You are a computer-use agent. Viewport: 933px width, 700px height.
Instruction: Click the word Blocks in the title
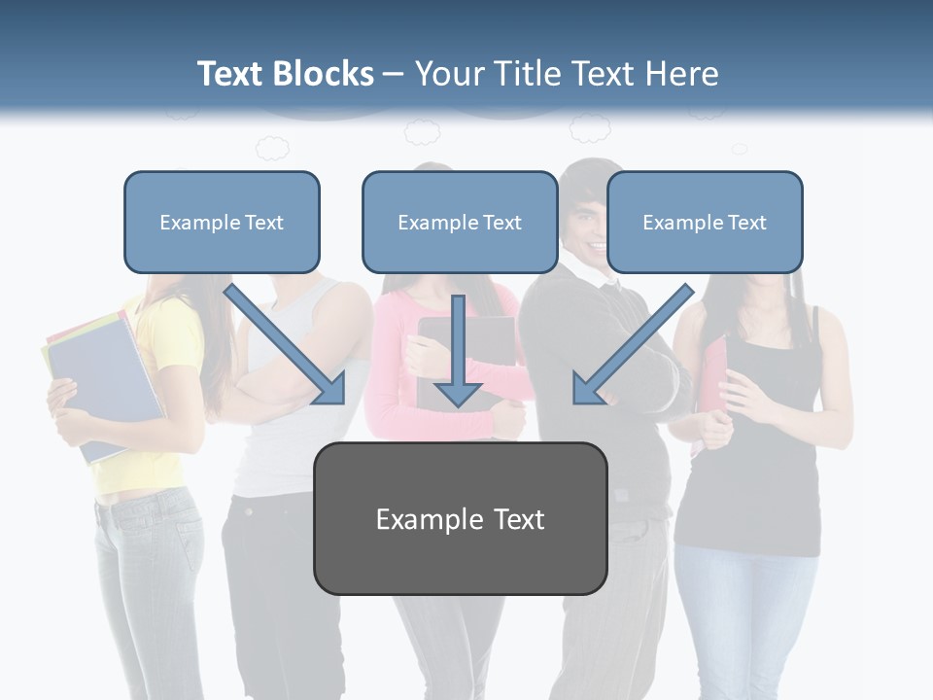(x=323, y=74)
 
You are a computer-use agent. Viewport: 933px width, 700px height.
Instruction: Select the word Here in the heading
(x=683, y=74)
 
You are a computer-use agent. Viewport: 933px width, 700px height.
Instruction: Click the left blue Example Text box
(x=222, y=222)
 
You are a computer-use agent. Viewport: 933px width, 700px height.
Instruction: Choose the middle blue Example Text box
(x=460, y=222)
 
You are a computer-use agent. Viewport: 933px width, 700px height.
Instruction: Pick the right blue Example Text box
(x=705, y=222)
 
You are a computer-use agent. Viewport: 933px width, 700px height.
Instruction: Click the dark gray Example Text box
(x=460, y=518)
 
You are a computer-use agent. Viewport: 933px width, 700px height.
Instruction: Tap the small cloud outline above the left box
(x=272, y=148)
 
